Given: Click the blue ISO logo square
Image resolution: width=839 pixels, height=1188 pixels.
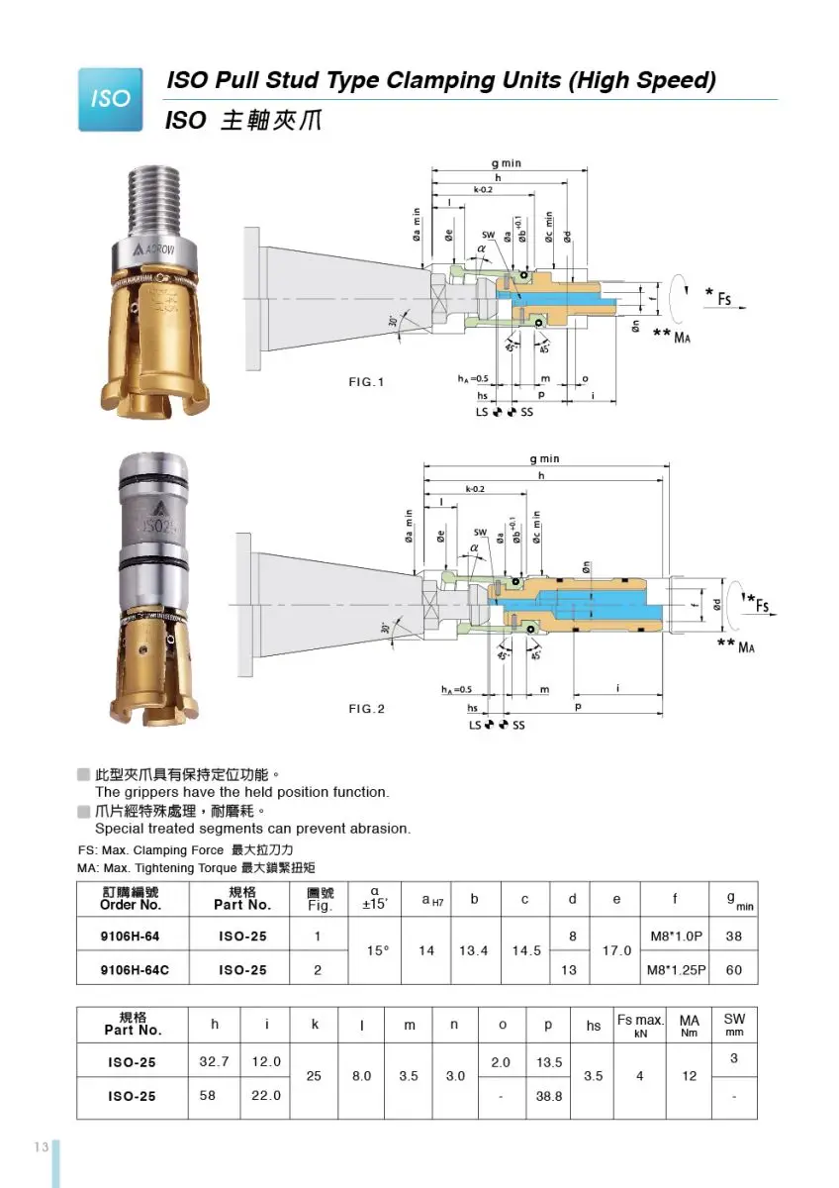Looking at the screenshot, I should [x=110, y=99].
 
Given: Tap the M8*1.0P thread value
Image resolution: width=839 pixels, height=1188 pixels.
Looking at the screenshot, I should [x=676, y=936].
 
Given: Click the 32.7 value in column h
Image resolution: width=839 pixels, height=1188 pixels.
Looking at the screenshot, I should [x=215, y=1062].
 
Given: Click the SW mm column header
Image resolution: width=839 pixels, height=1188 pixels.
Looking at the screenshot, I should [x=734, y=1025].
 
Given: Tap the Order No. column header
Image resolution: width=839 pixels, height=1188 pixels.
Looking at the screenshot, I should [x=130, y=899].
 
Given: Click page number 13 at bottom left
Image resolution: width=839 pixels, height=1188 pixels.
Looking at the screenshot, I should [x=41, y=1146].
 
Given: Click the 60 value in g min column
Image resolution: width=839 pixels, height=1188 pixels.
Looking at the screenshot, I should [x=733, y=970].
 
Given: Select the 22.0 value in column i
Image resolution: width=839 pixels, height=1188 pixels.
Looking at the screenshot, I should [x=266, y=1096].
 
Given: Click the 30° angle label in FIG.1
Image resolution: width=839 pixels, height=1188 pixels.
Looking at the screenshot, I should [x=393, y=321].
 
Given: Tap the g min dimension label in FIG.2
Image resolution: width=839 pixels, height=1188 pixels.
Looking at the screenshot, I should [x=543, y=458].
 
